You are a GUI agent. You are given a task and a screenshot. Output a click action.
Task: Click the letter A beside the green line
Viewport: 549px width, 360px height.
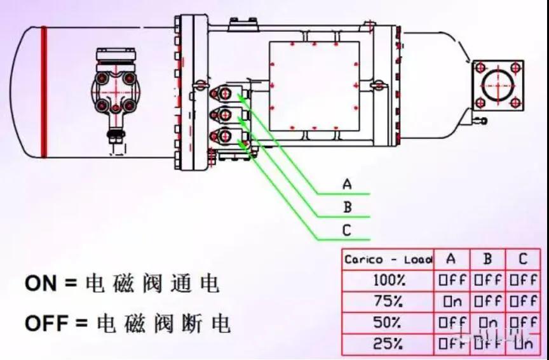347,184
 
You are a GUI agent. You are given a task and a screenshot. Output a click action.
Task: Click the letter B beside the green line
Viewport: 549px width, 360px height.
347,207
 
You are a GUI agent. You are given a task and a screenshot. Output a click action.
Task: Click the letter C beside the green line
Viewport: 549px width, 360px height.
347,230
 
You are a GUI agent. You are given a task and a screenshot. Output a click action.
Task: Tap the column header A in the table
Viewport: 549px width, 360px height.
451,259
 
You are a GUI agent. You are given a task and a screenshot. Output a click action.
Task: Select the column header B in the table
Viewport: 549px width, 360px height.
487,259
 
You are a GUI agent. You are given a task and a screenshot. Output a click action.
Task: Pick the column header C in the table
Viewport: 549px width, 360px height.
523,259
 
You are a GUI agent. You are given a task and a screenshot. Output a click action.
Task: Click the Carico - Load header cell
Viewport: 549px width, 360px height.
388,259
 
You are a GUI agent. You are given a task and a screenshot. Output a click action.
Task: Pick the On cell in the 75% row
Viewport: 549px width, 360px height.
451,301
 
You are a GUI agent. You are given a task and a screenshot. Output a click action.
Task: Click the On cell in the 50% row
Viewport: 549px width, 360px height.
487,323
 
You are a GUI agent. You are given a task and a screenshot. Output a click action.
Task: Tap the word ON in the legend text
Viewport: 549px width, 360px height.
41,283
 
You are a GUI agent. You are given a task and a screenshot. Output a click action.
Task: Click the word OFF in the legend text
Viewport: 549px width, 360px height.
46,324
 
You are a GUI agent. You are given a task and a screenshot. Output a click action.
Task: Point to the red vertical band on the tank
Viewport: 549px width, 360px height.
44,91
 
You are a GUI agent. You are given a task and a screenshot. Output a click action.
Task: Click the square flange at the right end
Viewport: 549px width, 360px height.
498,85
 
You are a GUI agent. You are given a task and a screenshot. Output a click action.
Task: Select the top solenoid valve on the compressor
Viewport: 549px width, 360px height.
226,94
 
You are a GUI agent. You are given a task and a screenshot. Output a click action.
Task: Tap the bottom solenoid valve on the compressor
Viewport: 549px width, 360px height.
226,135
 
